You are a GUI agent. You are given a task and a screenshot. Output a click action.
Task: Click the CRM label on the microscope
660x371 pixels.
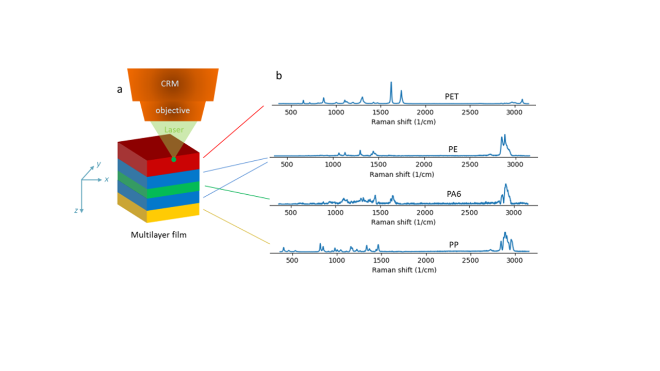170,83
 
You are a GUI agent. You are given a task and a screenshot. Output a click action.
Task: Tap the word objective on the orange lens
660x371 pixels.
173,110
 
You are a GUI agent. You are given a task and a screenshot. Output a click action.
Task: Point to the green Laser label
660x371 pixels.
174,129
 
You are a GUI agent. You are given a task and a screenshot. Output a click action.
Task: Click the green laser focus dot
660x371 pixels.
174,160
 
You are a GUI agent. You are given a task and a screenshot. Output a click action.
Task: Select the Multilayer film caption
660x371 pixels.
158,234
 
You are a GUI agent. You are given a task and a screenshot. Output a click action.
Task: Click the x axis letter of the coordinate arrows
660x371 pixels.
107,179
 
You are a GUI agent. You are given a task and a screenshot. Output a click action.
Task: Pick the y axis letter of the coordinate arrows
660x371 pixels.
98,164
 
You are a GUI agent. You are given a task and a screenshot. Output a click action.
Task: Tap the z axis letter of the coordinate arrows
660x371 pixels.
76,210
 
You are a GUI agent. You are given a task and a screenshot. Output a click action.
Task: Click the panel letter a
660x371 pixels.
119,89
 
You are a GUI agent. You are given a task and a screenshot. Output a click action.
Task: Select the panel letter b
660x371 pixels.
279,76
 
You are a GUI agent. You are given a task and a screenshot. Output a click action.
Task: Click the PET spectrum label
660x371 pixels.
451,96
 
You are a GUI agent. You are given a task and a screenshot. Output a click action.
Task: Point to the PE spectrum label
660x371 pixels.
453,149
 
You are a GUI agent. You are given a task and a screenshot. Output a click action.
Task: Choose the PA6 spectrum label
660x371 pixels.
454,194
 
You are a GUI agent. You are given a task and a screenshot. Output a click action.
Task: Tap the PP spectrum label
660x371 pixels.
454,245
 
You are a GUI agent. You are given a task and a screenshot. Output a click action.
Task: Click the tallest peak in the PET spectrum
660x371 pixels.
391,82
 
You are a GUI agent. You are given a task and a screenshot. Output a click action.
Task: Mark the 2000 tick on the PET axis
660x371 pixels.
425,112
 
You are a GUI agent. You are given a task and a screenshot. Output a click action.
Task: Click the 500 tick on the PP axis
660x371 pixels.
292,260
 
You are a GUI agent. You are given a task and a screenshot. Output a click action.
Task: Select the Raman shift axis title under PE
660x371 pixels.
402,174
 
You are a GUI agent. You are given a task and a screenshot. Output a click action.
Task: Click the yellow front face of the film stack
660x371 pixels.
173,213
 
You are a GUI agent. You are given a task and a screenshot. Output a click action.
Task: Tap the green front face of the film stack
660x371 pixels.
173,190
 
